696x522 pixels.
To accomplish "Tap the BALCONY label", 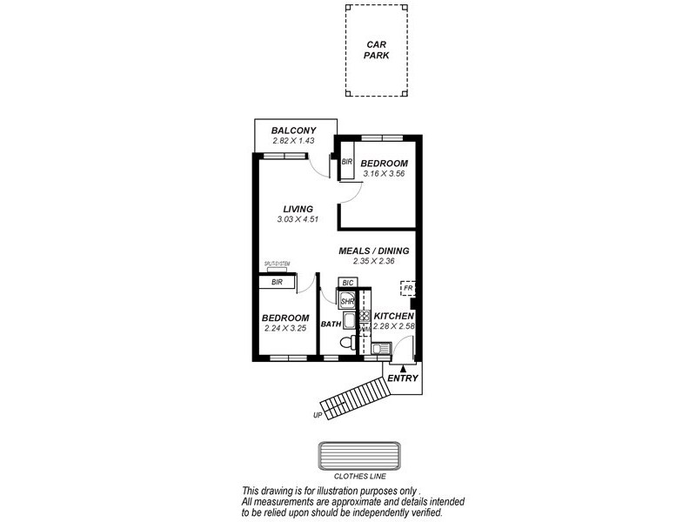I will (292, 130).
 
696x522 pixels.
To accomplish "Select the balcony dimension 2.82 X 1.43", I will (292, 141).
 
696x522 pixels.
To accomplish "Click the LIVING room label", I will (298, 209).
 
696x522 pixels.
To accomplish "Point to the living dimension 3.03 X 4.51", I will (298, 219).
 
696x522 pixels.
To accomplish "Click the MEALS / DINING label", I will (374, 251).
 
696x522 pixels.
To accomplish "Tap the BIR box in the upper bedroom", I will (345, 162).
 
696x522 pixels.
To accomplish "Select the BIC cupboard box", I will (347, 283).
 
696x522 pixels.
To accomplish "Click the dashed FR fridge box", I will (407, 287).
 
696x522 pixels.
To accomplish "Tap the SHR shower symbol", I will (346, 300).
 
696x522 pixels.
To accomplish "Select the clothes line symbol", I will (359, 456).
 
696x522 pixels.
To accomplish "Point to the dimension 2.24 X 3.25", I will (285, 328).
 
